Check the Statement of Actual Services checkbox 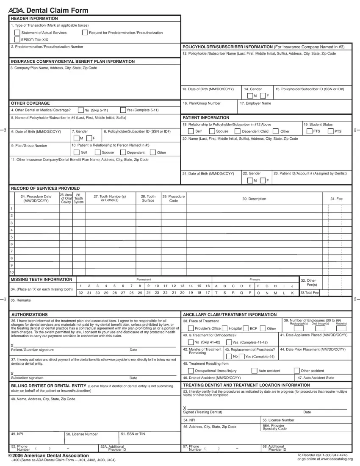coord(17,33)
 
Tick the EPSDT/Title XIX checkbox coord(17,39)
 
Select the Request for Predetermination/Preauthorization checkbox coord(85,33)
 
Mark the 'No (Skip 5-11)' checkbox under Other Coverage coord(80,110)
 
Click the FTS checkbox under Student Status coord(309,131)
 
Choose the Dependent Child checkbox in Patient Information coord(237,131)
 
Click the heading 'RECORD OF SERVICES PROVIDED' coord(45,188)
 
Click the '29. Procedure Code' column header coord(173,199)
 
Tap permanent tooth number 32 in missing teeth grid coord(80,293)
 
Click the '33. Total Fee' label coord(309,293)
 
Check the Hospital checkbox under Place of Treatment coord(224,328)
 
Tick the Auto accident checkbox coord(254,371)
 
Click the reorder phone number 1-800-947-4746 coord(334,455)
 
